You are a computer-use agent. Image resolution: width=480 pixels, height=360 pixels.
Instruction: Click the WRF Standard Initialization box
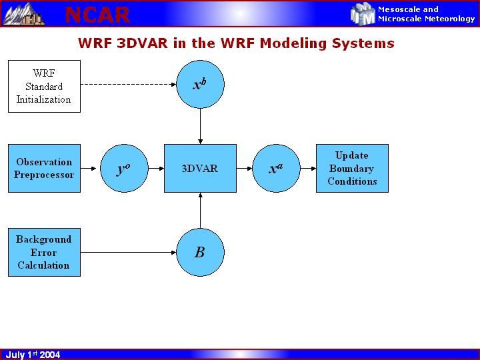pyautogui.click(x=44, y=86)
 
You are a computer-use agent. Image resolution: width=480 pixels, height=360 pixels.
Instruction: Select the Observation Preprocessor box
pyautogui.click(x=44, y=168)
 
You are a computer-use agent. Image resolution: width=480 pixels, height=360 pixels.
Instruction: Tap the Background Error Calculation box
pyautogui.click(x=44, y=252)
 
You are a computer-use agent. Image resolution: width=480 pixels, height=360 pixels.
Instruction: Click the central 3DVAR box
pyautogui.click(x=200, y=168)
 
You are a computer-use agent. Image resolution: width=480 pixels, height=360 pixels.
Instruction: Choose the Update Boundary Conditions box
pyautogui.click(x=352, y=168)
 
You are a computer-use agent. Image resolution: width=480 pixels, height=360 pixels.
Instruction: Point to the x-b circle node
pyautogui.click(x=200, y=84)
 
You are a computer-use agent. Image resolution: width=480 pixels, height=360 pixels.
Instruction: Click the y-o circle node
pyautogui.click(x=123, y=168)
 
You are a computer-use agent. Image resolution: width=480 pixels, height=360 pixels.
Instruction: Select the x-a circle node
pyautogui.click(x=276, y=168)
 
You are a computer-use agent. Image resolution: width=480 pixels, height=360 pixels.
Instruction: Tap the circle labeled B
pyautogui.click(x=200, y=252)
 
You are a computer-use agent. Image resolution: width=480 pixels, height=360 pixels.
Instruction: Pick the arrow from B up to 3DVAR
pyautogui.click(x=200, y=210)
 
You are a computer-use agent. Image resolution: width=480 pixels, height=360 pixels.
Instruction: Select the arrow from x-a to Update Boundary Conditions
pyautogui.click(x=307, y=168)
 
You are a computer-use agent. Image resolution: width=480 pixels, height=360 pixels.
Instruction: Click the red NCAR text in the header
pyautogui.click(x=97, y=14)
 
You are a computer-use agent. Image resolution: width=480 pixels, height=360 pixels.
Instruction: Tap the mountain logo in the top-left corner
pyautogui.click(x=24, y=13)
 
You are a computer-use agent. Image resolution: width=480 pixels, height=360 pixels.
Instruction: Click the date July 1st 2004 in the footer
pyautogui.click(x=33, y=355)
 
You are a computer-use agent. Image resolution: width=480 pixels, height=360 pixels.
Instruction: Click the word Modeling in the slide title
pyautogui.click(x=291, y=44)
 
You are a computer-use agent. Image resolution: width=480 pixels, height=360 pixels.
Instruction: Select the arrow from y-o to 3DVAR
pyautogui.click(x=155, y=168)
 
